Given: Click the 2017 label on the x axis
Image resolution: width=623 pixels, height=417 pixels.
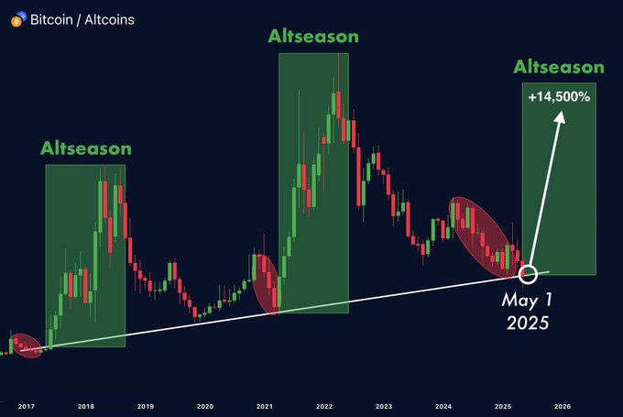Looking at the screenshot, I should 25,405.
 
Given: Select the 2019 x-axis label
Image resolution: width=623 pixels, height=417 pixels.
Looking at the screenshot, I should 146,405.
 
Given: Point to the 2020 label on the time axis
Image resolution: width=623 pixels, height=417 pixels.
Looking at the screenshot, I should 205,405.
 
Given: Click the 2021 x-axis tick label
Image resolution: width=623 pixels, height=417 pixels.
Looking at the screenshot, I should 265,405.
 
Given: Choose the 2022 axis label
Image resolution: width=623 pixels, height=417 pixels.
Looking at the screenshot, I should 323,405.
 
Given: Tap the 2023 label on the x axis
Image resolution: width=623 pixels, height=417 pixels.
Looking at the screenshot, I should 383,405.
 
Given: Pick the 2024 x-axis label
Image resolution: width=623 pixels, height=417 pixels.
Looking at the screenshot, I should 443,405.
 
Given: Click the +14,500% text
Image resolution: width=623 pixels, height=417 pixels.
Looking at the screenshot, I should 559,96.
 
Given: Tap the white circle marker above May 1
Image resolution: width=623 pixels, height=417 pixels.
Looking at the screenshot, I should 528,273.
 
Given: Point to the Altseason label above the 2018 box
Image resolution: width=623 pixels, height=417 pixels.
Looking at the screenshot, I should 85,148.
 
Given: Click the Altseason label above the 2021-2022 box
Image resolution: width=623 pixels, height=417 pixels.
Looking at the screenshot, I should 313,37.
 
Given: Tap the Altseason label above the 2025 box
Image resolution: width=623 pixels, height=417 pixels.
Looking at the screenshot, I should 559,67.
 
